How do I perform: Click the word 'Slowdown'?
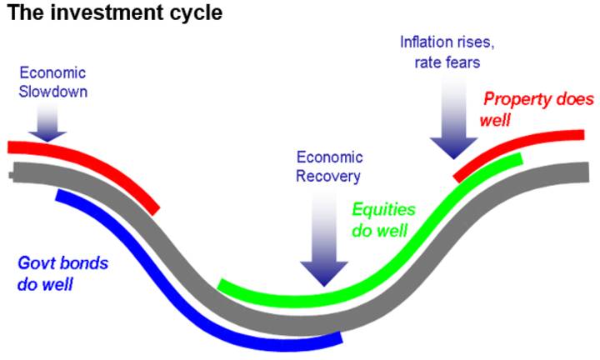click(x=52, y=91)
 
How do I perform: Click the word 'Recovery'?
click(x=328, y=175)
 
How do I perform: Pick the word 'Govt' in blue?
click(x=37, y=264)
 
